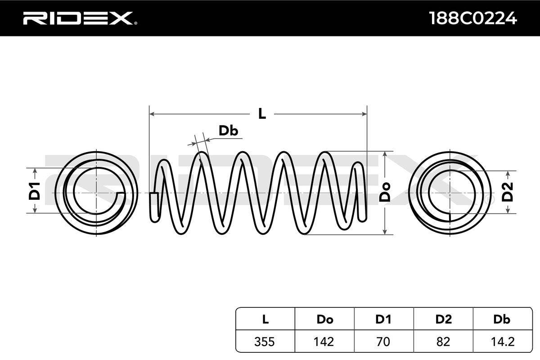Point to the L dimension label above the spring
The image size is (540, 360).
[262, 114]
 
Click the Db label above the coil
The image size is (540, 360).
[228, 130]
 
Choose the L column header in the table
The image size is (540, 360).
[265, 319]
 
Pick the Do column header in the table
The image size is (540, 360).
[324, 319]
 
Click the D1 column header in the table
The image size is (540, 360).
[383, 319]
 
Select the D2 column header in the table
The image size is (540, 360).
[443, 319]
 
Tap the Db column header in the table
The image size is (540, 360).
[502, 319]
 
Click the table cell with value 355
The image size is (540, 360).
[265, 342]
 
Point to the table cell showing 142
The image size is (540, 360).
[324, 342]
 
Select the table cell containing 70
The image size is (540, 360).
[383, 342]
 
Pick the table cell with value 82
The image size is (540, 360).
[443, 342]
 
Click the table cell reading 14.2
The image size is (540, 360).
[502, 342]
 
